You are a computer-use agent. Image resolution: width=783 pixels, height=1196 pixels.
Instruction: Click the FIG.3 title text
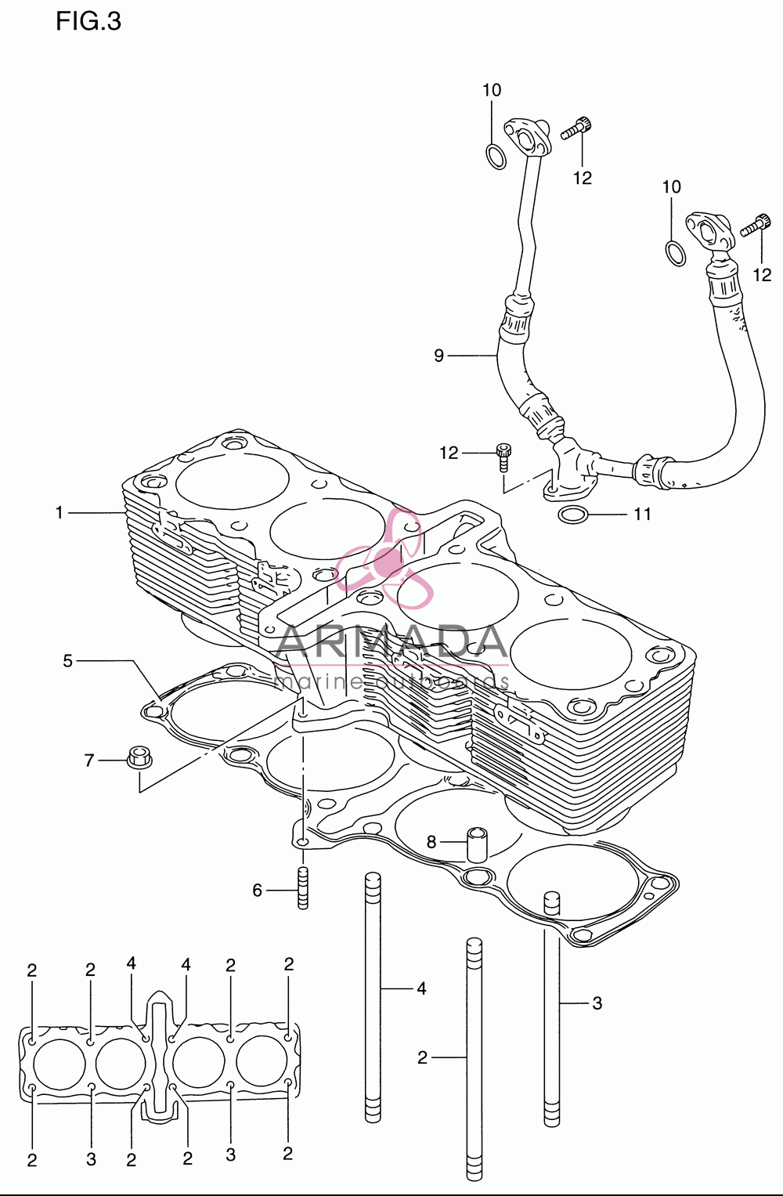point(88,22)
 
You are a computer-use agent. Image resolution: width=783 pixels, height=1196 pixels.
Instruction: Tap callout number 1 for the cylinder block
point(60,512)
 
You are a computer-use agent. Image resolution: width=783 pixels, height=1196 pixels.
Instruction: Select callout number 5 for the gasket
point(68,661)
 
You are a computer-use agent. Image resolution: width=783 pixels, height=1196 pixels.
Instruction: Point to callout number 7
point(89,761)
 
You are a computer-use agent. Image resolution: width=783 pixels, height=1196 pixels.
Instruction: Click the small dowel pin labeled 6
point(303,887)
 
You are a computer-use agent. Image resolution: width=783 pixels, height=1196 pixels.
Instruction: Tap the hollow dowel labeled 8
point(477,844)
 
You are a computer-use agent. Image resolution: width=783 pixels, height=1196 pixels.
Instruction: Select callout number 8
point(431,842)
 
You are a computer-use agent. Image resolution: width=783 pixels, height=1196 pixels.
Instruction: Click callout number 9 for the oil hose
point(438,356)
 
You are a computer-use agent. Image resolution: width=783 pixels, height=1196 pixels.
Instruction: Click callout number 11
point(642,514)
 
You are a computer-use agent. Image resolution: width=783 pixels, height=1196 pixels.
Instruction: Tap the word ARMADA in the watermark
point(391,641)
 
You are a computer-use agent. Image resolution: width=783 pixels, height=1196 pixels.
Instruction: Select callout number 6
point(258,890)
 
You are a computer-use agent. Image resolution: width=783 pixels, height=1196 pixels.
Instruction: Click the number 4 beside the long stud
point(422,989)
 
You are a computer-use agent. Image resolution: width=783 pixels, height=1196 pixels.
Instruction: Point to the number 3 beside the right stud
point(597,1003)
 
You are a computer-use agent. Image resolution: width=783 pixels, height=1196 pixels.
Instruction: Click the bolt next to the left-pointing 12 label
point(502,457)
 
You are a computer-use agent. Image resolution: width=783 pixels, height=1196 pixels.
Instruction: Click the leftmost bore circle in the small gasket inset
point(60,1064)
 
